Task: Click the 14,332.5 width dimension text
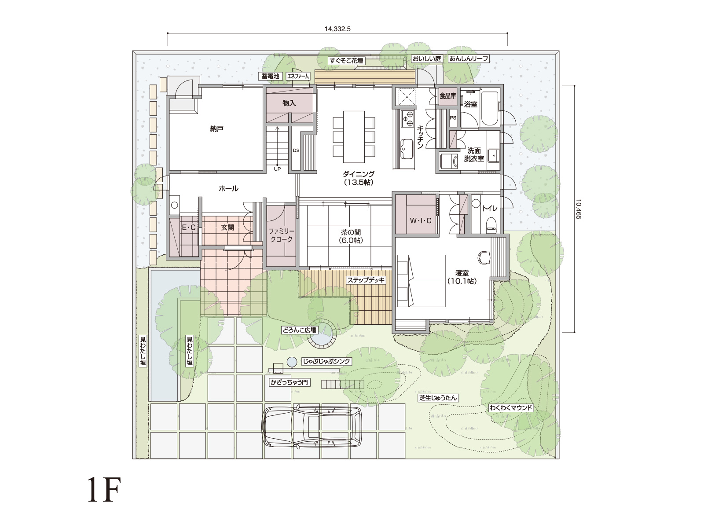(337, 29)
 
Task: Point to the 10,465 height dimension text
(578, 209)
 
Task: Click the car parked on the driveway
(312, 427)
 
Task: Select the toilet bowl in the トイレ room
(491, 224)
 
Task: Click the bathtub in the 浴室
(489, 109)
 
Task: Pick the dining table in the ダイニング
(354, 137)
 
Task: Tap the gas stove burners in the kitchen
(407, 119)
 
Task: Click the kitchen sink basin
(407, 148)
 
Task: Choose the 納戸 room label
(217, 129)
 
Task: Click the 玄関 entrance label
(227, 227)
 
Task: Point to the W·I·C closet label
(421, 220)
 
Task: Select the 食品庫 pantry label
(447, 96)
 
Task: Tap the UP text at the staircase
(278, 169)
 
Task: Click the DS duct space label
(296, 150)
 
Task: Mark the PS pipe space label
(453, 117)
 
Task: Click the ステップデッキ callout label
(366, 280)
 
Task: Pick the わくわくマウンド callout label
(511, 408)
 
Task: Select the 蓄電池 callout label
(270, 76)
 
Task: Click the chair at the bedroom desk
(484, 257)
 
